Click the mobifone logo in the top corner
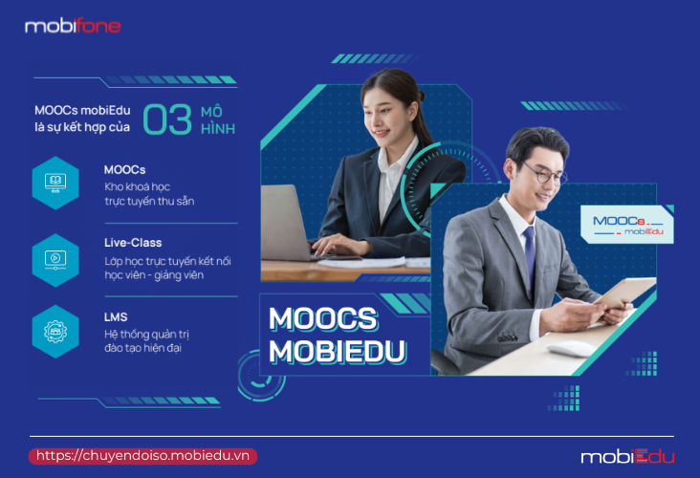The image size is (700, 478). (x=73, y=26)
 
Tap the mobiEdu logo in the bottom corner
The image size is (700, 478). (x=627, y=457)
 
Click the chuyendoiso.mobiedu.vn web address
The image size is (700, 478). (x=142, y=456)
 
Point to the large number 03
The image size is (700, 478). (x=167, y=119)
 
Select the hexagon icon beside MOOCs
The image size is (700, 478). (x=55, y=183)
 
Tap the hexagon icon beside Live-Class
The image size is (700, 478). (x=55, y=260)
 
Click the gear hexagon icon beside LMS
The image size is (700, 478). (x=55, y=332)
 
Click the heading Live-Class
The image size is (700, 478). (x=133, y=243)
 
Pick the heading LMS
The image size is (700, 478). (x=116, y=316)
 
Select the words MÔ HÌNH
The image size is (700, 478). (x=218, y=120)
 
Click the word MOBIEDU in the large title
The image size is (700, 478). (x=337, y=352)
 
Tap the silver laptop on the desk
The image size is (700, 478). (x=286, y=223)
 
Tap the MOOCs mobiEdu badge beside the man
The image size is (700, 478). (x=627, y=225)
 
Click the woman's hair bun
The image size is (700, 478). (x=421, y=95)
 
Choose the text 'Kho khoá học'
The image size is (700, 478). (x=138, y=186)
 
